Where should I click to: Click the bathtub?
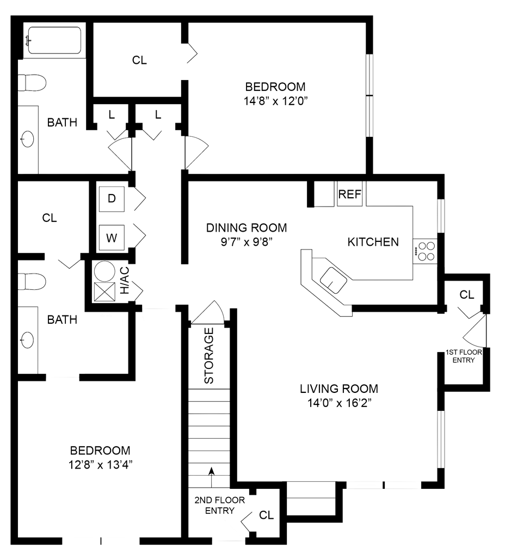(54, 40)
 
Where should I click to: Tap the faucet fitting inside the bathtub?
(30, 40)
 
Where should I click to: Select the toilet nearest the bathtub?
(33, 83)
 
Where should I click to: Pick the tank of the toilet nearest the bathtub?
(22, 83)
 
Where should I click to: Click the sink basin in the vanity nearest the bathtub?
(27, 139)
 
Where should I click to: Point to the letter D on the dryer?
(112, 198)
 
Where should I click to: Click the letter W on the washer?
(112, 238)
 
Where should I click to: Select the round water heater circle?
(105, 271)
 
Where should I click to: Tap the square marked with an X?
(104, 293)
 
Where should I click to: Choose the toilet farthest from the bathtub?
(33, 282)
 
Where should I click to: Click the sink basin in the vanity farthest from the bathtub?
(27, 339)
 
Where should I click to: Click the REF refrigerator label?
(350, 195)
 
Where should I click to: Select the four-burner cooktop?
(425, 251)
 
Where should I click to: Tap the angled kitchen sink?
(332, 279)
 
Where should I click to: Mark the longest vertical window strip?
(369, 95)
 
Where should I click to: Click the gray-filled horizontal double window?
(384, 485)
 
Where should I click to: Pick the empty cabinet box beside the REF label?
(324, 195)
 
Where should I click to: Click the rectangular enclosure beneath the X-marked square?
(106, 343)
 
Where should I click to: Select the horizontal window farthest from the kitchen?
(102, 541)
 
